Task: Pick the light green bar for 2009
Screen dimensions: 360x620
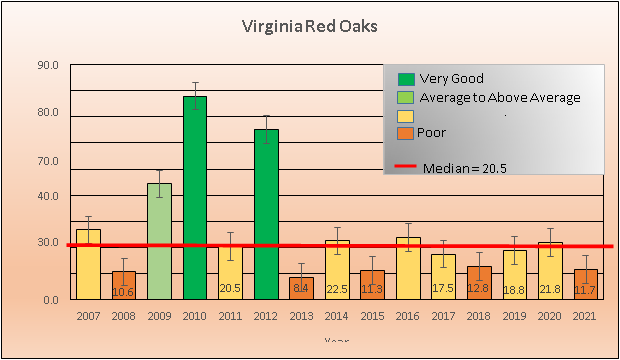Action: pyautogui.click(x=159, y=240)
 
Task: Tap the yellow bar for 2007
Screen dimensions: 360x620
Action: pyautogui.click(x=88, y=264)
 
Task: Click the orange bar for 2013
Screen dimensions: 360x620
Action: pyautogui.click(x=301, y=288)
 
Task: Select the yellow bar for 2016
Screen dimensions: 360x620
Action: pyautogui.click(x=408, y=267)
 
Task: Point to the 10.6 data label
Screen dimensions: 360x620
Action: pyautogui.click(x=123, y=292)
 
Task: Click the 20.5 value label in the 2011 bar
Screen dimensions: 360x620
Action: pyautogui.click(x=230, y=288)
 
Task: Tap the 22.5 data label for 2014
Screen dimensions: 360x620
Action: pyautogui.click(x=337, y=289)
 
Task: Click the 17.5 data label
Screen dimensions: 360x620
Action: pyautogui.click(x=443, y=288)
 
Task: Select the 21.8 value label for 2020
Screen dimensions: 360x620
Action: pyautogui.click(x=550, y=289)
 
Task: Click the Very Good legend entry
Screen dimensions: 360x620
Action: pyautogui.click(x=451, y=79)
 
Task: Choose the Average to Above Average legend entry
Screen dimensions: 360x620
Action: pyautogui.click(x=499, y=97)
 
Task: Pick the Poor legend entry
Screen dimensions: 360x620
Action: pyautogui.click(x=432, y=132)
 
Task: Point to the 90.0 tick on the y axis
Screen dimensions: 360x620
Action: pyautogui.click(x=48, y=66)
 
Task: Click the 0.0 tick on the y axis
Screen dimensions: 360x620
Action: pyautogui.click(x=50, y=299)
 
